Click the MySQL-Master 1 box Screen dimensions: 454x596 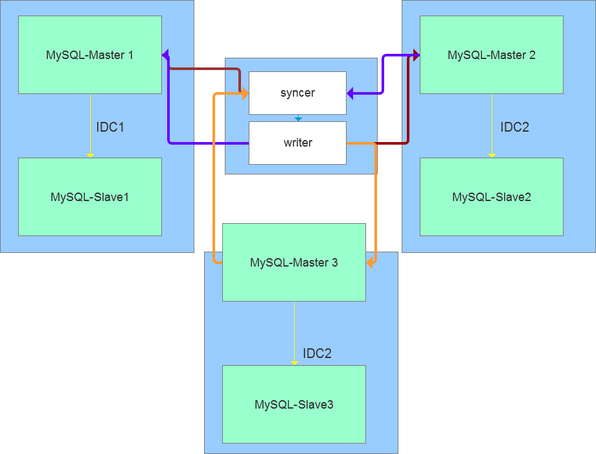coord(89,55)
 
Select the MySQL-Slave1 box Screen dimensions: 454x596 coord(89,197)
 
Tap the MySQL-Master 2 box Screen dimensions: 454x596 coord(491,55)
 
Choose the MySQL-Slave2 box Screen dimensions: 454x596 coord(491,197)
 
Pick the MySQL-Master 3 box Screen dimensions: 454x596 coord(293,263)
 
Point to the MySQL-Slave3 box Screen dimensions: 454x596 coord(293,405)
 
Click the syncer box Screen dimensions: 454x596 coord(297,93)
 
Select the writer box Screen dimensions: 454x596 coord(297,143)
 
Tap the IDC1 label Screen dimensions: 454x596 coord(110,127)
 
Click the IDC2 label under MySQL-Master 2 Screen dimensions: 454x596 coord(514,127)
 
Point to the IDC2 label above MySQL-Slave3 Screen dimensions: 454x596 coord(317,353)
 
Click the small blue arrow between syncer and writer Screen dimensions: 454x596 coord(298,119)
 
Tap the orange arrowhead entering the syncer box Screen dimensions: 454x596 coord(246,95)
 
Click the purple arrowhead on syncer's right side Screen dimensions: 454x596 coord(350,95)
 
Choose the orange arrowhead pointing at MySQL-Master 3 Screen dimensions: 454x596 coord(370,263)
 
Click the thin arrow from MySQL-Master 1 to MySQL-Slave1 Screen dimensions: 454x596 coord(90,126)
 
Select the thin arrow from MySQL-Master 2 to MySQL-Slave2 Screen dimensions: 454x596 coord(492,126)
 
